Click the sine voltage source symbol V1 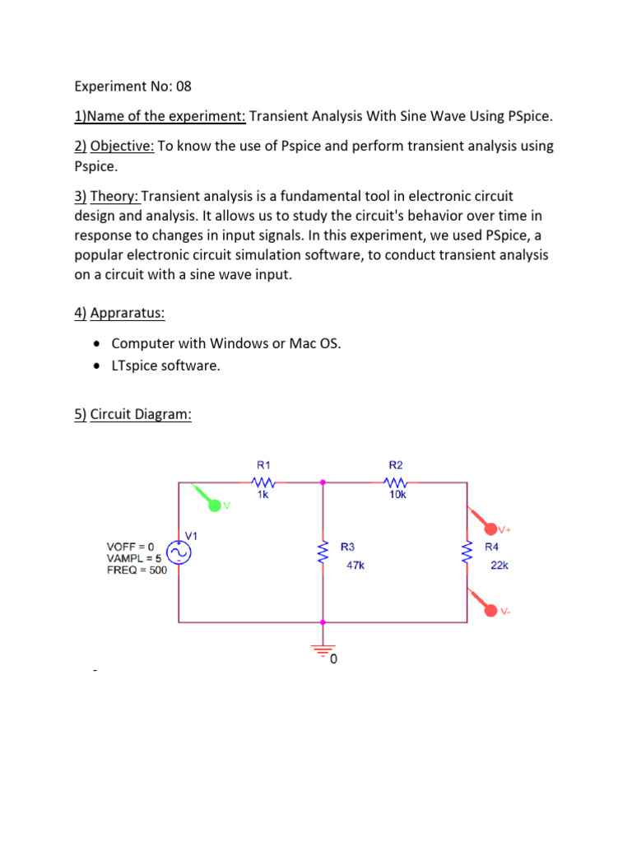179,553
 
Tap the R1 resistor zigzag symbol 263,482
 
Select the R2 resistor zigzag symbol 397,482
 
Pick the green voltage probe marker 216,504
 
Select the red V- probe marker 490,610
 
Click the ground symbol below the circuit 322,651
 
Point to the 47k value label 355,566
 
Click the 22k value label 499,566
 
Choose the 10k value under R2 397,496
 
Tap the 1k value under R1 262,496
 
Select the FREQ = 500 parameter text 137,570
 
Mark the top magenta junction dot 322,482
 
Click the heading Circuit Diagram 141,414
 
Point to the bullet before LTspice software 99,366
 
